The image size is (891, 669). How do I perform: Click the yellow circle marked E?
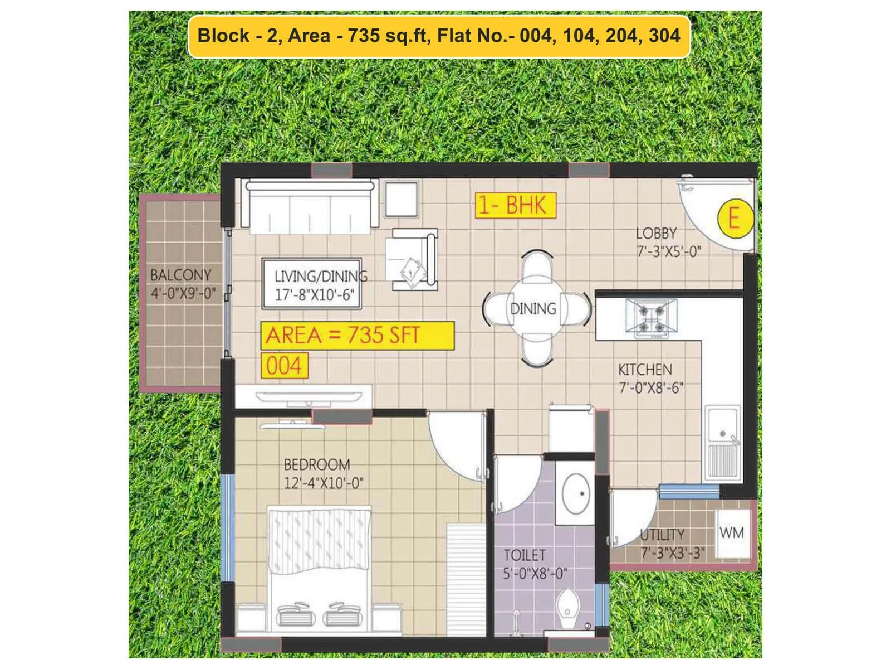coord(735,218)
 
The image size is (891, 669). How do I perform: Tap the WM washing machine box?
coord(732,533)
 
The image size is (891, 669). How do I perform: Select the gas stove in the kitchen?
coord(652,318)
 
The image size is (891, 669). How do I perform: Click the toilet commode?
coord(569,609)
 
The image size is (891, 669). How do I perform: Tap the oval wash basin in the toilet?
coord(576,493)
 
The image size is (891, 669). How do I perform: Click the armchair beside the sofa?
coord(414,259)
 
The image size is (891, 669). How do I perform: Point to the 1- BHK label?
coord(515,206)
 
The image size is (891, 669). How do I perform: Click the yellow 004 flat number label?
coord(284,366)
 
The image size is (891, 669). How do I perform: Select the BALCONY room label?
coord(181,275)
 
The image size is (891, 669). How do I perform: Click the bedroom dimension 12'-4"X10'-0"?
coord(324,483)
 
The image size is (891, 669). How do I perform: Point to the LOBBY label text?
coord(656,234)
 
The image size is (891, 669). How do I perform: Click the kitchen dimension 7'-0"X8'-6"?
coord(651,387)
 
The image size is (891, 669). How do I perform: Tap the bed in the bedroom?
coord(320,569)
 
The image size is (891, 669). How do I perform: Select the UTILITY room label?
coord(662,535)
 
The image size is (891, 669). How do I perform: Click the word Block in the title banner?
coord(223,36)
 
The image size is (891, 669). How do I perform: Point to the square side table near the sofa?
coord(401,199)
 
